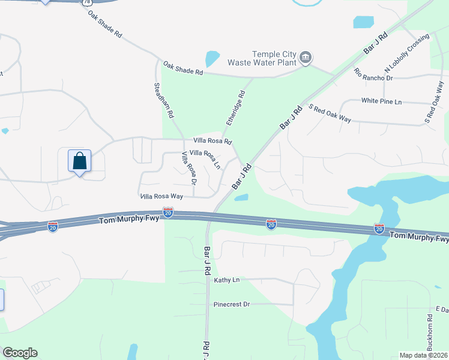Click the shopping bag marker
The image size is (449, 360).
(x=79, y=161)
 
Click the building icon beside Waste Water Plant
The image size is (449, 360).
(x=306, y=58)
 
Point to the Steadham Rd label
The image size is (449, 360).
(x=164, y=100)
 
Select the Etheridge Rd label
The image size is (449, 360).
(x=235, y=108)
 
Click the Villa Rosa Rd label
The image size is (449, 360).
(x=212, y=141)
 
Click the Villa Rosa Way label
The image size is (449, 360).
(x=160, y=196)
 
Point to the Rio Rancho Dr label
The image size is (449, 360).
(x=373, y=75)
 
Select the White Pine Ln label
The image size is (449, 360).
(x=381, y=101)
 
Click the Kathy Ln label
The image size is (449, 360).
(x=227, y=280)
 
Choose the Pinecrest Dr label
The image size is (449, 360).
(x=232, y=304)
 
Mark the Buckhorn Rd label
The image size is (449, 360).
(x=430, y=329)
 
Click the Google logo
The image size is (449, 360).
(x=20, y=353)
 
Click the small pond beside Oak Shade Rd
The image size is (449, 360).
(x=212, y=58)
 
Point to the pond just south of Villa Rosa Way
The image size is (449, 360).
(x=241, y=197)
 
